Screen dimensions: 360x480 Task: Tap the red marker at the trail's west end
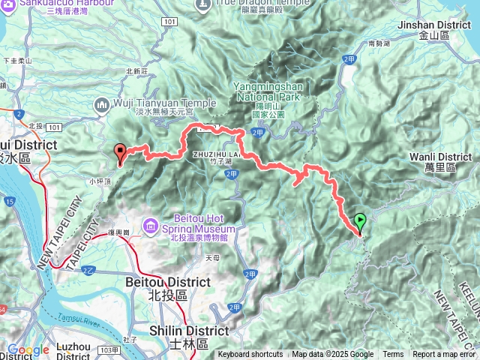click(120, 153)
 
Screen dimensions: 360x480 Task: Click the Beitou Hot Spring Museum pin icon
click(151, 225)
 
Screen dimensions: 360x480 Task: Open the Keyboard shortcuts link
click(250, 355)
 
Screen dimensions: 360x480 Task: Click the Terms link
click(393, 355)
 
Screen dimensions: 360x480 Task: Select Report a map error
click(443, 355)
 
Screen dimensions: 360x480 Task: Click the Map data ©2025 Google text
click(333, 355)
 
